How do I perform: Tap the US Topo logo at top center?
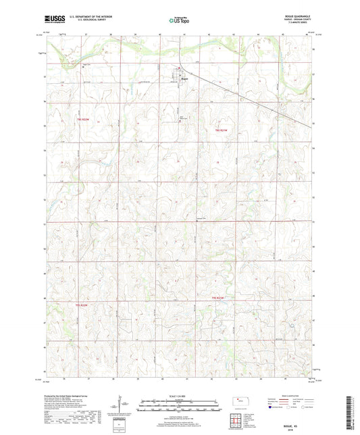pyautogui.click(x=179, y=21)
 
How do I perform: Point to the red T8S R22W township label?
pyautogui.click(x=78, y=120)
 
